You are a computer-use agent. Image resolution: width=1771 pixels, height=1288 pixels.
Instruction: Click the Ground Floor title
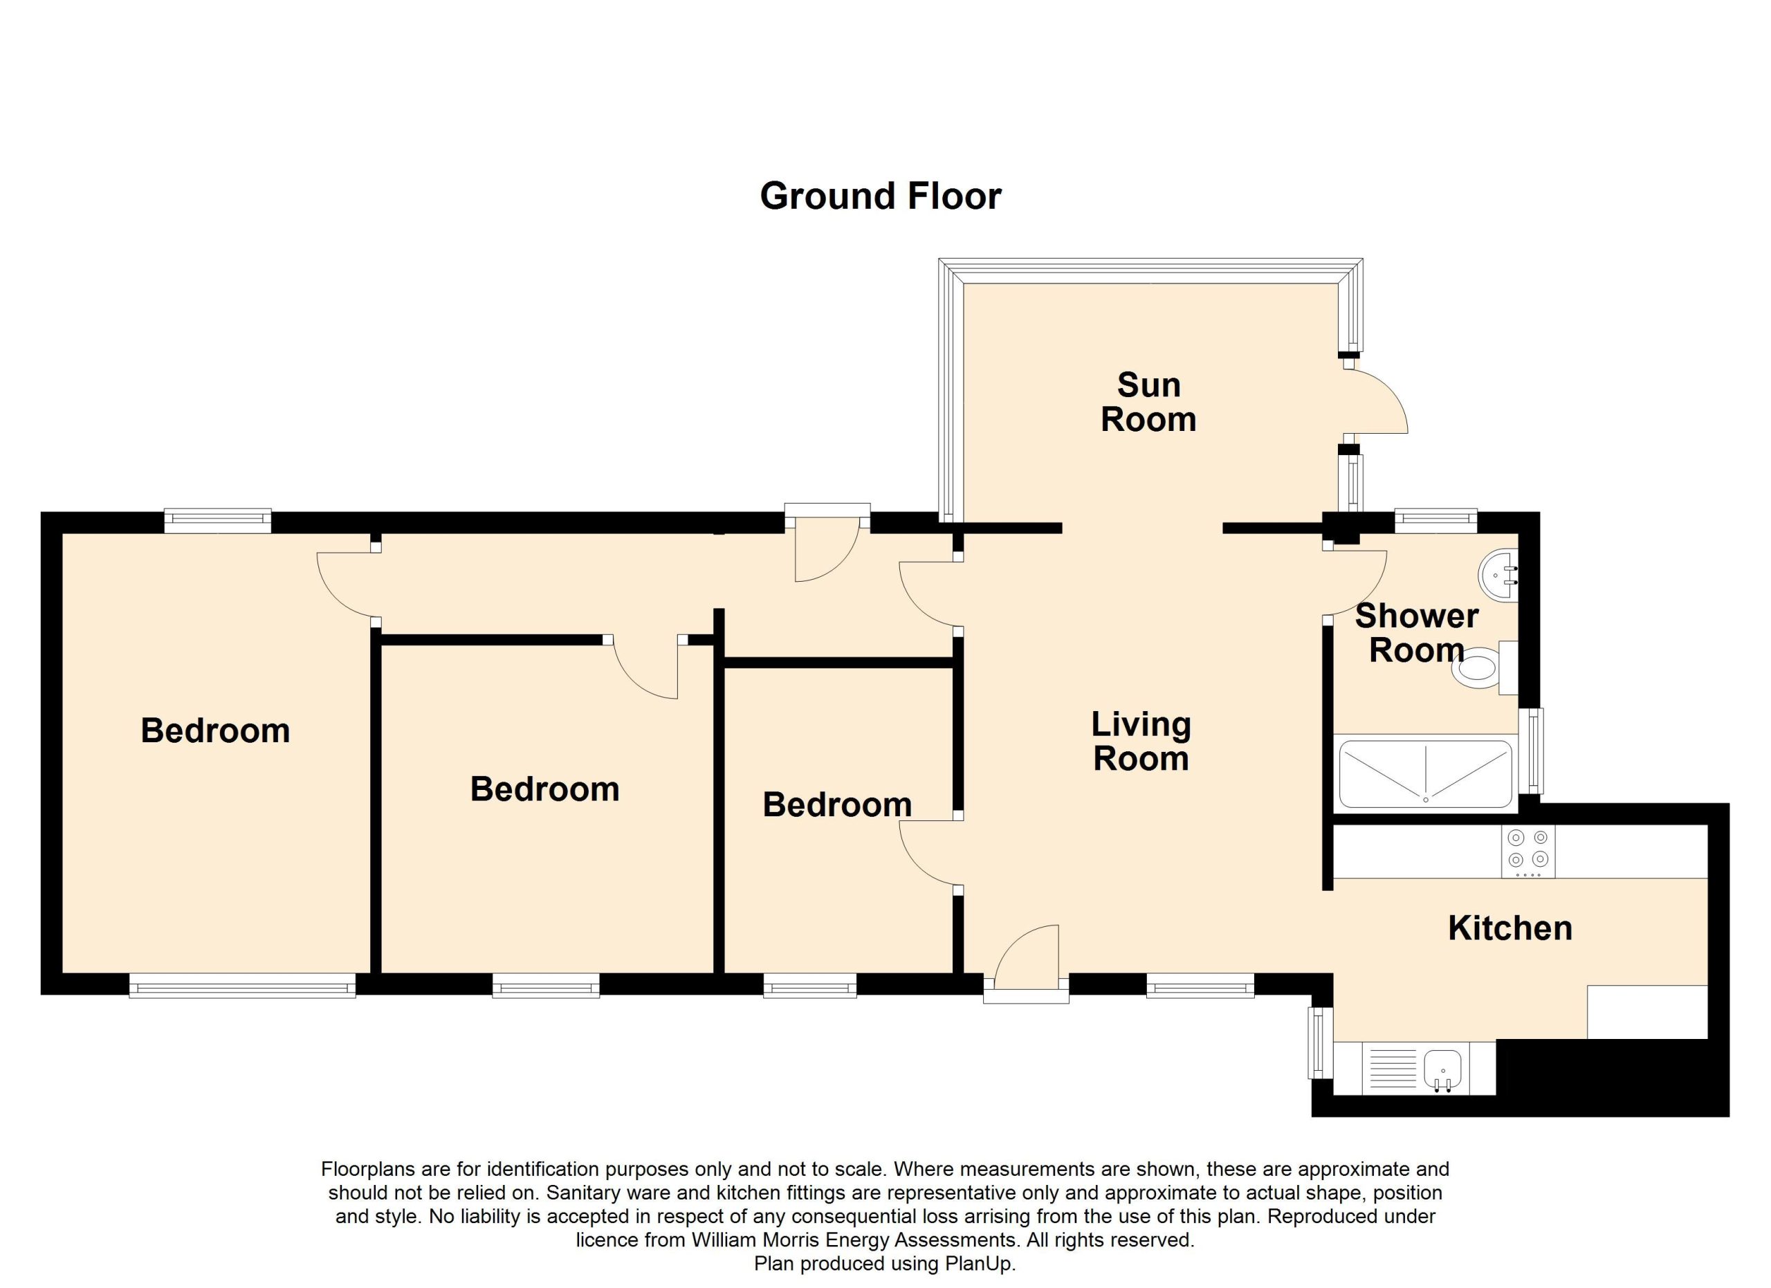coord(880,196)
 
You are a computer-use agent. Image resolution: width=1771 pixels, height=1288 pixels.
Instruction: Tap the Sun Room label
coord(1148,402)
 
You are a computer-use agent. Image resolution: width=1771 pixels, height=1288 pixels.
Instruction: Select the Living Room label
coord(1141,742)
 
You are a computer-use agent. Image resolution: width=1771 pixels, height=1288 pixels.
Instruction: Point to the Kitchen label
coord(1510,928)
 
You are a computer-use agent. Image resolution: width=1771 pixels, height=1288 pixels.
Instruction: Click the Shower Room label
coord(1417,633)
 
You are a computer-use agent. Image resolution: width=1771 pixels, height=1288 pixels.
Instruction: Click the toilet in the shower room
coord(1484,668)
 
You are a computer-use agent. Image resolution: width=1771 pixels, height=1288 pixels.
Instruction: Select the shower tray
coord(1426,774)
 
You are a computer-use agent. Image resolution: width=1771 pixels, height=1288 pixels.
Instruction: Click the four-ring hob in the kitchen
coord(1528,852)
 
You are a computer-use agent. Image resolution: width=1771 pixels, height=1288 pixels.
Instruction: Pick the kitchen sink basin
coord(1442,1067)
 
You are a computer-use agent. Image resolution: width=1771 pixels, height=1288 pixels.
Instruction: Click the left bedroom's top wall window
coord(218,521)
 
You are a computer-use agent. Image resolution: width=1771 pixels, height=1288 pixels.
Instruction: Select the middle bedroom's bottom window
coord(546,985)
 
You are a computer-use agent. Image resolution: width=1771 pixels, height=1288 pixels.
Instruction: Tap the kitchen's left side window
coord(1321,1042)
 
